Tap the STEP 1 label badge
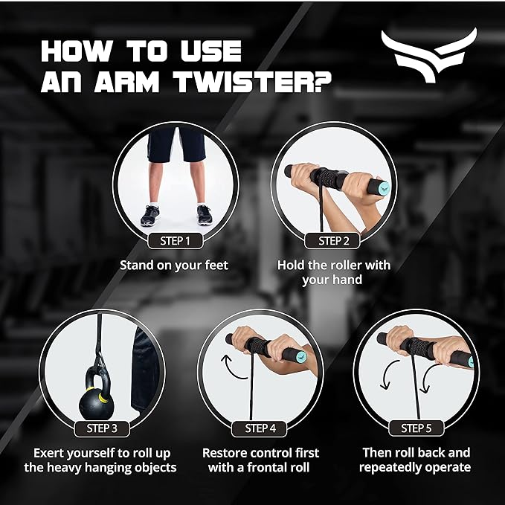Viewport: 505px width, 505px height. (x=176, y=241)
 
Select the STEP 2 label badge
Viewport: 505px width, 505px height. (x=332, y=241)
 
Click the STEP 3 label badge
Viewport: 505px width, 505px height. (x=102, y=428)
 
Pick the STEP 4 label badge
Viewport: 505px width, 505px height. (x=260, y=428)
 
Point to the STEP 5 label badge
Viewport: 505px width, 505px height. (x=416, y=428)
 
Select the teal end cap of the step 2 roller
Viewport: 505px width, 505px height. (x=385, y=187)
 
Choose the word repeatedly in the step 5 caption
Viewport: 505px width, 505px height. (x=387, y=468)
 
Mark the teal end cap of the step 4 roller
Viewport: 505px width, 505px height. (x=301, y=356)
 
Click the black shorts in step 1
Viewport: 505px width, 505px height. (x=176, y=144)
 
